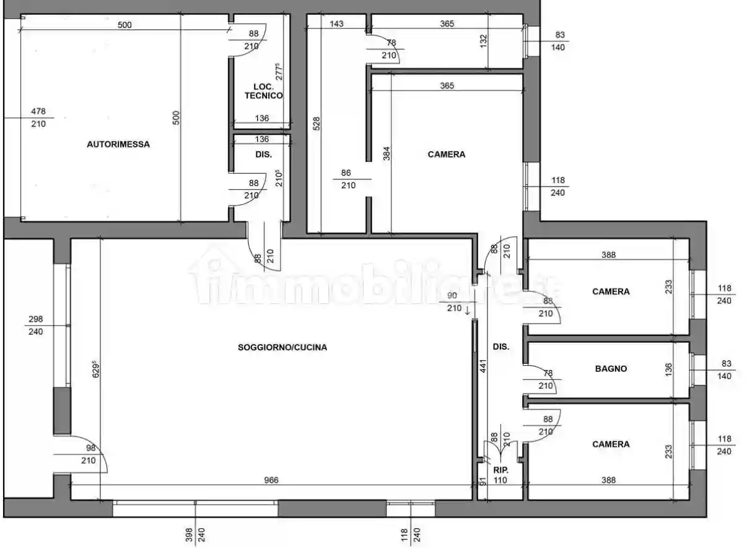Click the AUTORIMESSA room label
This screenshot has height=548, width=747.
118,144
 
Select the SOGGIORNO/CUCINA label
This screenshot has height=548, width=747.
282,348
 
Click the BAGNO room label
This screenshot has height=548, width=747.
611,369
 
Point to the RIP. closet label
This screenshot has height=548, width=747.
501,471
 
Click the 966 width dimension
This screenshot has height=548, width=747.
271,480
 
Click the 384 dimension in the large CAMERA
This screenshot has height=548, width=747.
386,153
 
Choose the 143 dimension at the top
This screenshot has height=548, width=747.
336,24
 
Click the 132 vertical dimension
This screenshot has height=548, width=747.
483,41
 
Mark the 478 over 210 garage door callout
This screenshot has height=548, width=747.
38,118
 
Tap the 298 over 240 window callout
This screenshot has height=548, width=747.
35,325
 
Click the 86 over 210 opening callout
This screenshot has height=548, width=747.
348,179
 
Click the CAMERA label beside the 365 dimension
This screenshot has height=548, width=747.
446,154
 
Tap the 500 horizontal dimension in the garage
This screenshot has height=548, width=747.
124,25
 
